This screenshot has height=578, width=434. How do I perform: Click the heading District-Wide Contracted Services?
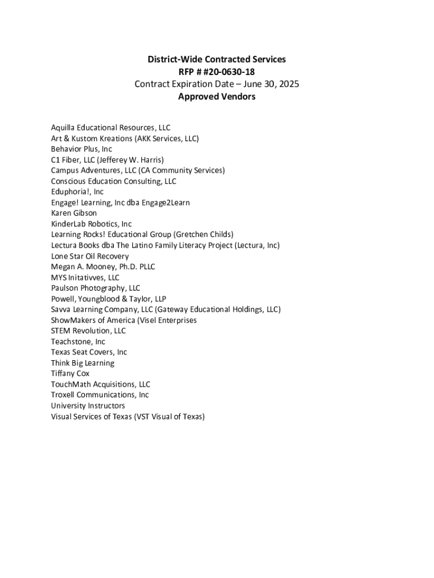point(216,59)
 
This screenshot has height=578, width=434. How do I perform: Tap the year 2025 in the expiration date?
point(288,84)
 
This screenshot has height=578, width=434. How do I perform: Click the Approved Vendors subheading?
point(216,97)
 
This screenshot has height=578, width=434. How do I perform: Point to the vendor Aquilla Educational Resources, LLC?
point(110,128)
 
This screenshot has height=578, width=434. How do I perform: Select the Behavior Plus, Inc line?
point(81,149)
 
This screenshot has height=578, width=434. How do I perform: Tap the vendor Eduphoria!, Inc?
point(77,192)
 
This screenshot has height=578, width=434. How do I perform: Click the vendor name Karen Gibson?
point(74,213)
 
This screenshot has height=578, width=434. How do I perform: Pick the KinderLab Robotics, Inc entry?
point(91,224)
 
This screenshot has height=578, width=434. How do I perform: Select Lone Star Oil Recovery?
point(90,256)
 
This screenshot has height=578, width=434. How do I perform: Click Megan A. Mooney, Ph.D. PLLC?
point(103,267)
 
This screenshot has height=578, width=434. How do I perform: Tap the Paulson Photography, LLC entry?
point(95,288)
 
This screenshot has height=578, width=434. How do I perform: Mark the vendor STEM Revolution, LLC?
point(88,331)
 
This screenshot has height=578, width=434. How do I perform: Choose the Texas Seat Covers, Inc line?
point(89,352)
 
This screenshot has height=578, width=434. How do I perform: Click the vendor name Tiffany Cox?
point(70,374)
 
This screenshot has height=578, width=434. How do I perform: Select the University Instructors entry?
point(88,406)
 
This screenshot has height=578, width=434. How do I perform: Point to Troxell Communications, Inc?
point(100,395)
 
